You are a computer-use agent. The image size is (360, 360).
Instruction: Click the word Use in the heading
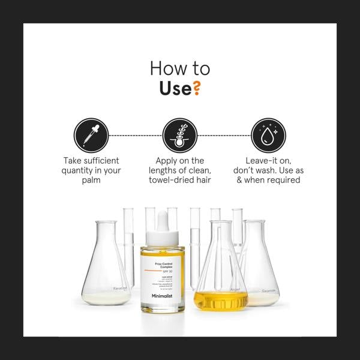[x=175, y=89]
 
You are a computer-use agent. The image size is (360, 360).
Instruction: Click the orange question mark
[x=196, y=89]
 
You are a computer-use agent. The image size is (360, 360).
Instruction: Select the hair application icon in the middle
[x=180, y=135]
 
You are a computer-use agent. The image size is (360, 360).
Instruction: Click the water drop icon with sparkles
[x=268, y=135]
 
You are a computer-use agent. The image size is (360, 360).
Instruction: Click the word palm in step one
[x=91, y=180]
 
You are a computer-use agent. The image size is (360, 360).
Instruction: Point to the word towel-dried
[x=166, y=180]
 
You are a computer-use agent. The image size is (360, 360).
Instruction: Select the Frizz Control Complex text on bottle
[x=164, y=261]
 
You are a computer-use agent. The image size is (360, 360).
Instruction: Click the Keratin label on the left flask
[x=121, y=289]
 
